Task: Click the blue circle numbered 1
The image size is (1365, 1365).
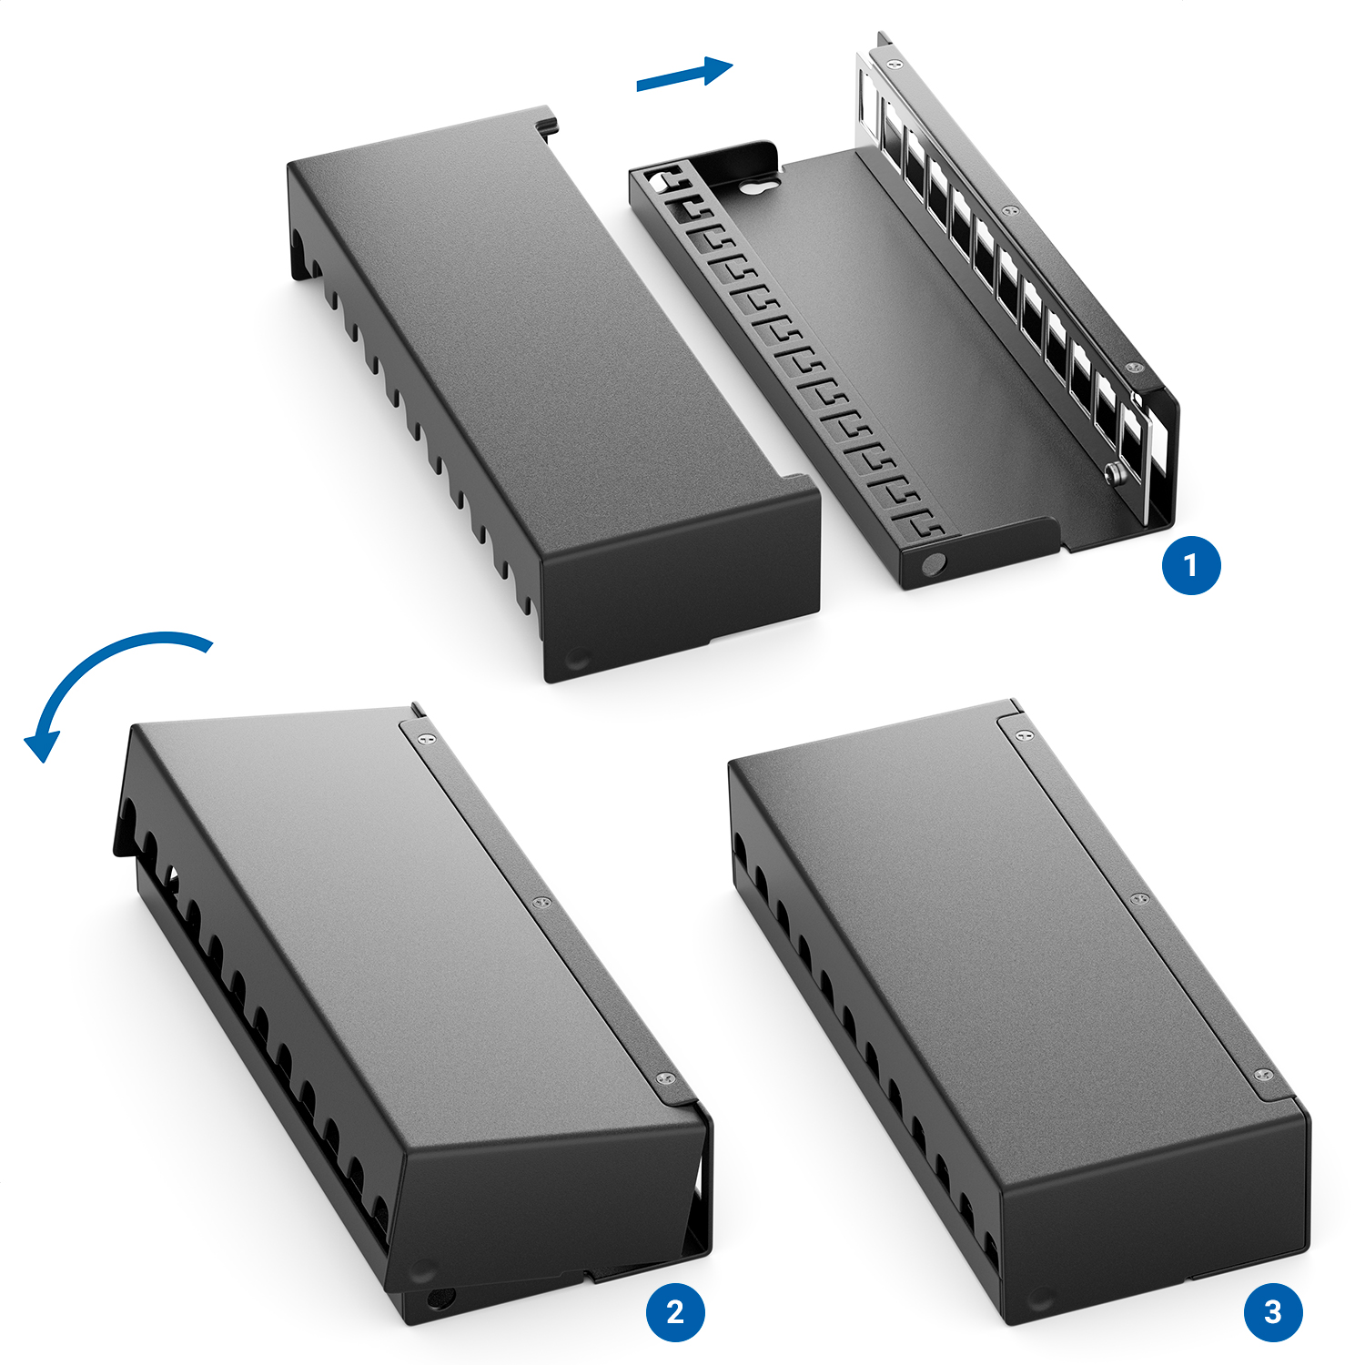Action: tap(1191, 565)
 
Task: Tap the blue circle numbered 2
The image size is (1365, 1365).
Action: tap(675, 1311)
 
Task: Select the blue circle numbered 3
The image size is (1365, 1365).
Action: tap(1273, 1311)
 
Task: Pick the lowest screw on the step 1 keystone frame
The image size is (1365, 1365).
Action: tap(1133, 368)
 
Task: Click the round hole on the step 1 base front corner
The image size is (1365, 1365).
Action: tap(932, 565)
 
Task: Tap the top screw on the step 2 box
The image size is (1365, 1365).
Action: tap(426, 738)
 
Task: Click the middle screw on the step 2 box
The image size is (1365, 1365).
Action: tap(541, 903)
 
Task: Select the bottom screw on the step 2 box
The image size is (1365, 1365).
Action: tap(665, 1078)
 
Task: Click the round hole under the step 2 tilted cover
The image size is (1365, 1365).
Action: tap(440, 1298)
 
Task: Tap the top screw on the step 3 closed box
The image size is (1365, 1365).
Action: tap(1024, 733)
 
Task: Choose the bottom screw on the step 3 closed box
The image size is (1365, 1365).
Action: tap(1263, 1076)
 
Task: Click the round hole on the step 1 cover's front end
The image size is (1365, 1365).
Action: tap(577, 659)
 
